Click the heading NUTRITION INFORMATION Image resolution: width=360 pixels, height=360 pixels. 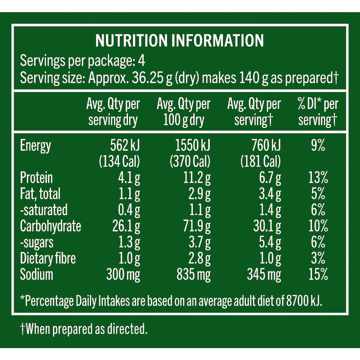click(x=180, y=41)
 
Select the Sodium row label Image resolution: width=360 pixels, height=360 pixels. click(x=36, y=274)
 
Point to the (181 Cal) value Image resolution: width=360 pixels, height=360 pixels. click(x=261, y=162)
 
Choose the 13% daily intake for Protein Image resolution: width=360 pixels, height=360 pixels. click(x=319, y=178)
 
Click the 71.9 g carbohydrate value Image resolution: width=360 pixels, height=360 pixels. click(x=197, y=226)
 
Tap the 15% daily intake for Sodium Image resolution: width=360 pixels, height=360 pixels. click(x=319, y=274)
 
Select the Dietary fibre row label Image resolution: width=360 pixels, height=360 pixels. click(x=48, y=258)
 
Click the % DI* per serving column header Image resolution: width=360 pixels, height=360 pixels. click(x=318, y=112)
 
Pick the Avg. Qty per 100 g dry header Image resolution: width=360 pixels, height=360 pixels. click(x=184, y=112)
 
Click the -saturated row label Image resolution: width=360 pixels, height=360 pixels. click(x=44, y=210)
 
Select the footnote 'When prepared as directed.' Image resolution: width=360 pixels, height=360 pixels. click(x=84, y=330)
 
